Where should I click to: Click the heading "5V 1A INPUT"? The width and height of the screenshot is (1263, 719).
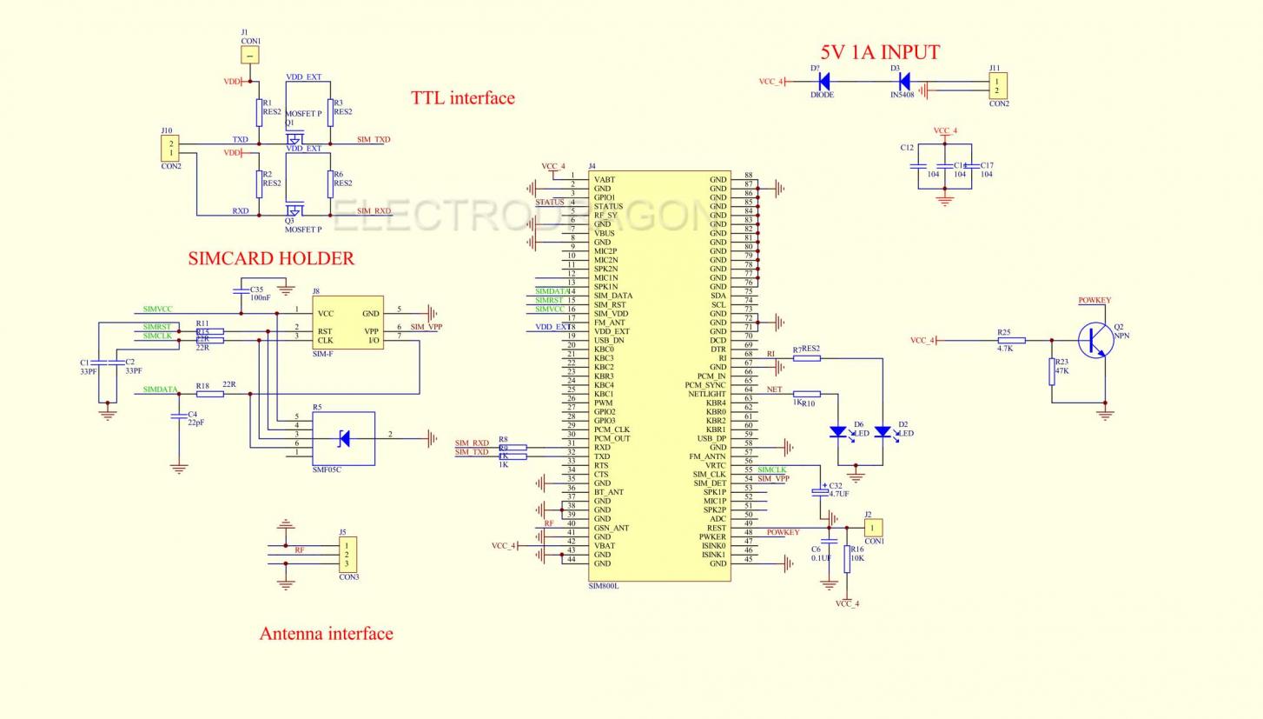(x=880, y=53)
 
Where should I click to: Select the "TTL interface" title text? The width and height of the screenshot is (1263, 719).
(x=462, y=98)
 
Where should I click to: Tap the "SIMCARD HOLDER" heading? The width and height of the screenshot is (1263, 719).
(x=271, y=258)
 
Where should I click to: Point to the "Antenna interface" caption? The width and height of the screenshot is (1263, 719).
(x=326, y=634)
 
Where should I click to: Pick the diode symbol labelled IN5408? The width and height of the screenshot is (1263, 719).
(x=904, y=82)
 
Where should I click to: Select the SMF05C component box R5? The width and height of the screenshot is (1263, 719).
(x=343, y=439)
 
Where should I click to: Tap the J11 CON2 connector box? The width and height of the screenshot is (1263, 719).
(x=998, y=86)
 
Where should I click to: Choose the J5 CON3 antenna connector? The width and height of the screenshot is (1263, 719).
(x=347, y=555)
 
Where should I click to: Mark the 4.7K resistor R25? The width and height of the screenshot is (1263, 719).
(x=1011, y=341)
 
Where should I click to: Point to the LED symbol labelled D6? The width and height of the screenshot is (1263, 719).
(x=837, y=431)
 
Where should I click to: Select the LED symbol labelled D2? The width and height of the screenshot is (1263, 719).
(x=883, y=431)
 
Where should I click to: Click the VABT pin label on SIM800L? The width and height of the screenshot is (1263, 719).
(x=605, y=180)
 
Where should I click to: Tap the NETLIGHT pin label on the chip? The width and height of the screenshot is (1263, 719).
(x=706, y=394)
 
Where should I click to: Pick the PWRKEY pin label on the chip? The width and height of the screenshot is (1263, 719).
(x=712, y=537)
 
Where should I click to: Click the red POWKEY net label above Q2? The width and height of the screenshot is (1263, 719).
(x=1094, y=301)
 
